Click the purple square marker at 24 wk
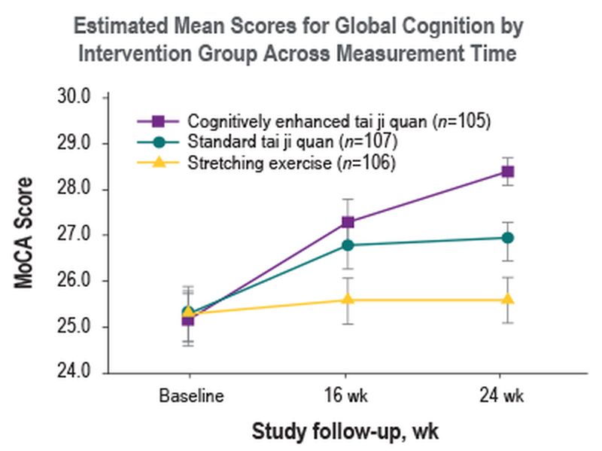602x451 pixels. tap(508, 172)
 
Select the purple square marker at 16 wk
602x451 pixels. tap(348, 221)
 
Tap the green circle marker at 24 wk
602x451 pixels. tap(508, 238)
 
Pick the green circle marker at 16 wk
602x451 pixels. tap(348, 245)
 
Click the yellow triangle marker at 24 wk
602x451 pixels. tap(508, 299)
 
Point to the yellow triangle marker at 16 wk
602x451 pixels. tap(348, 299)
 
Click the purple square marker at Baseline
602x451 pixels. tap(187, 320)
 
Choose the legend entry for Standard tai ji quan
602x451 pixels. tap(292, 142)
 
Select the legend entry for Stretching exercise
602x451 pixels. tap(291, 162)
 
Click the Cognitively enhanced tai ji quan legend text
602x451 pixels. tap(339, 121)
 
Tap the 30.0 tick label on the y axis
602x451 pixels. tap(74, 97)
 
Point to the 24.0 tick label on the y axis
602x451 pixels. tap(74, 373)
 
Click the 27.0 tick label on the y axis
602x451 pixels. tap(74, 235)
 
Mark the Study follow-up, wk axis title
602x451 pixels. tap(345, 431)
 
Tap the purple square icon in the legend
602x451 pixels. tap(158, 121)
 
